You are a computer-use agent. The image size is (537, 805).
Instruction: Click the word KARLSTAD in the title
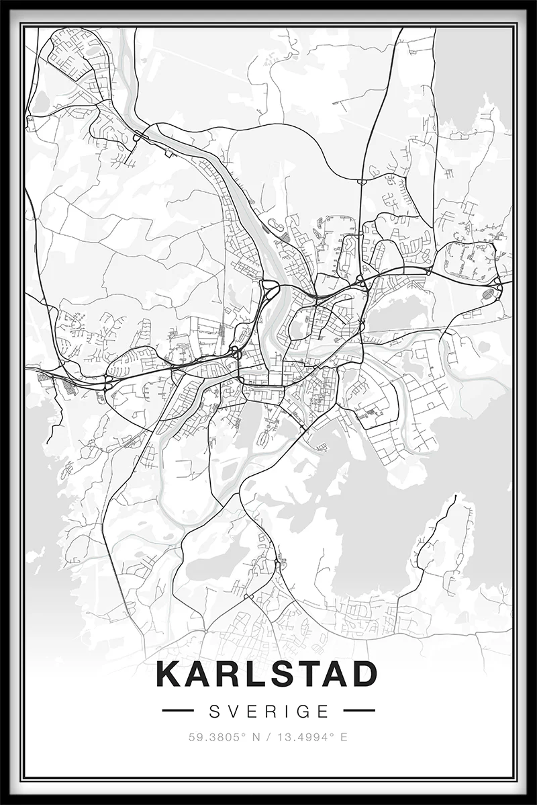tap(267, 675)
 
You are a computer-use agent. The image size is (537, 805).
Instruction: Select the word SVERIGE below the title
tap(268, 710)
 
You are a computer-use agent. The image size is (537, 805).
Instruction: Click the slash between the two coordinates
tap(268, 736)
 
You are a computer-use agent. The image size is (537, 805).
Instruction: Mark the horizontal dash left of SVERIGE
tap(178, 710)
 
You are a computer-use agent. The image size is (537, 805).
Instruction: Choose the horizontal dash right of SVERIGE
tap(358, 710)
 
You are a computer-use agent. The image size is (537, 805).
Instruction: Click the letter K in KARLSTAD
tap(168, 675)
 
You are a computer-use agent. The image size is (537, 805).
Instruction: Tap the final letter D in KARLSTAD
tap(363, 675)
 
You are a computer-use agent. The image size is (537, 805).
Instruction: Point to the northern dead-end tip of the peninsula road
tap(456, 497)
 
